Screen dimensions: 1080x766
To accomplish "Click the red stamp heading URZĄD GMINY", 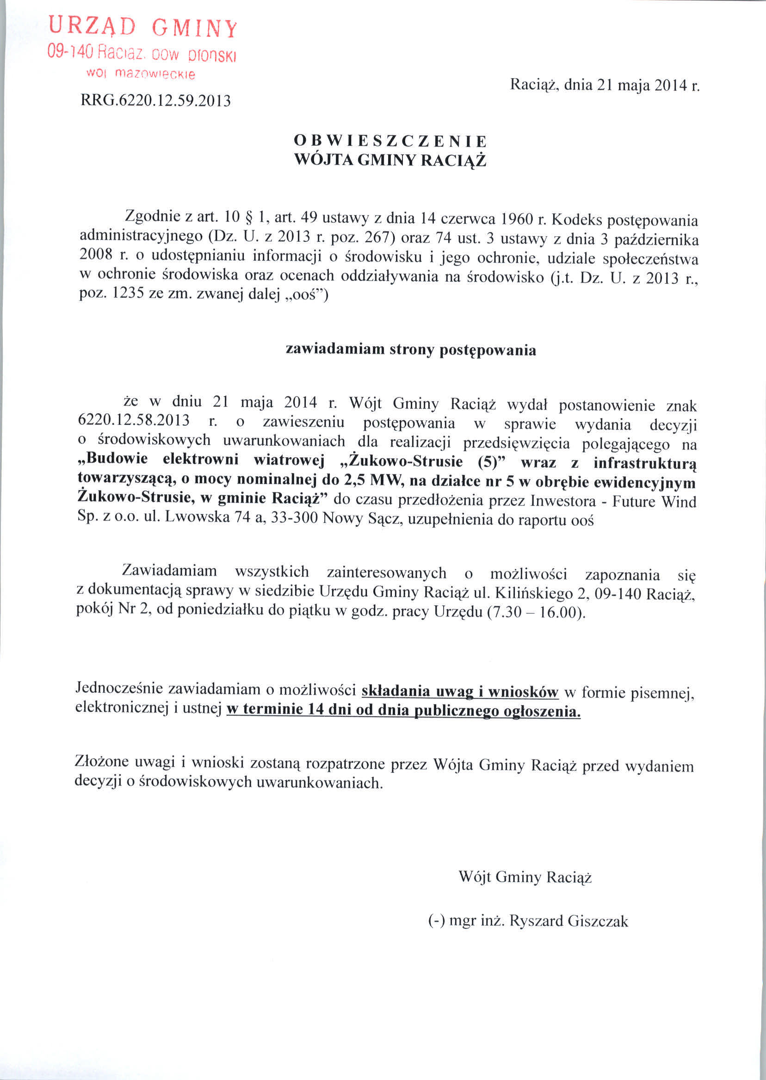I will [143, 27].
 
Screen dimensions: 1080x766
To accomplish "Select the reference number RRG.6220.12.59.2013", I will [156, 100].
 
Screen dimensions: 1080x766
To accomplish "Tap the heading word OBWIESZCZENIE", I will [389, 141].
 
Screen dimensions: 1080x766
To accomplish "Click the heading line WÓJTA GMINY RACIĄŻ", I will [389, 160].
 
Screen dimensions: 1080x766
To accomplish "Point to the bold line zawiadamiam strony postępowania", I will [411, 350].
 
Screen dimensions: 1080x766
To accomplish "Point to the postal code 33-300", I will [293, 519].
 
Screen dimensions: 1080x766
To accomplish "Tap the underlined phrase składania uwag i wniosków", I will [460, 692].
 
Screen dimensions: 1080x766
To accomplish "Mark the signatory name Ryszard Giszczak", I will [568, 921].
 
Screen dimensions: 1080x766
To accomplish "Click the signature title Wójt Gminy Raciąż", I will [525, 877].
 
